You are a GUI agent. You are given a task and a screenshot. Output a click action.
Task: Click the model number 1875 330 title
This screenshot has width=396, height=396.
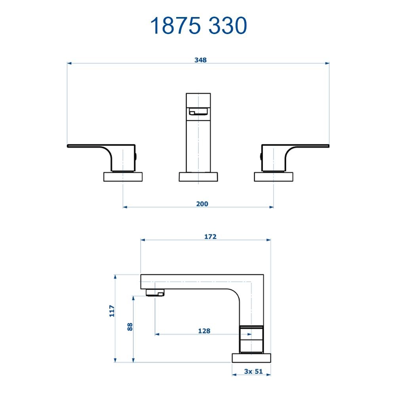coord(198,26)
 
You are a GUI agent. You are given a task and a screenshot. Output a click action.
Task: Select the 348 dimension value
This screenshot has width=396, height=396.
coord(200,60)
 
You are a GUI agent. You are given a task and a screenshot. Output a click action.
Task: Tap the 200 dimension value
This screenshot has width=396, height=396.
coord(202,204)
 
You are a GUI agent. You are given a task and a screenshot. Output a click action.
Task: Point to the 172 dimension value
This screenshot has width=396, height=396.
coord(210,236)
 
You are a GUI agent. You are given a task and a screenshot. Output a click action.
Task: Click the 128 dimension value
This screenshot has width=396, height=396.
coord(204,331)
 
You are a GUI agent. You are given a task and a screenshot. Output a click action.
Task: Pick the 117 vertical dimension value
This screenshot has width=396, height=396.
coord(112,311)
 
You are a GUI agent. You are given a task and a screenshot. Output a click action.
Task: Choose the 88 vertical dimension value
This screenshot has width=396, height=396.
coord(130,327)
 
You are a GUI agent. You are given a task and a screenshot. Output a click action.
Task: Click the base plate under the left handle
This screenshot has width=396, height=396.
coord(123,177)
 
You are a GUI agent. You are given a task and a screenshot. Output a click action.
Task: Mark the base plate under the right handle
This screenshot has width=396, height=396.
coord(273,177)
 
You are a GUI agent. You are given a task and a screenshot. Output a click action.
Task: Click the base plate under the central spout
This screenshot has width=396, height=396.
coord(198,177)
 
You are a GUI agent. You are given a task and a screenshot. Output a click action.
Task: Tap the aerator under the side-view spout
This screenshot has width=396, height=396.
coord(155,293)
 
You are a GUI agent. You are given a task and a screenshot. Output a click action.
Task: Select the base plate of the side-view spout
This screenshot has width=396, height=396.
coord(251,358)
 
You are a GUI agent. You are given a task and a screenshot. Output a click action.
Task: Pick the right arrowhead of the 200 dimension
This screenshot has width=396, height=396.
coord(271,207)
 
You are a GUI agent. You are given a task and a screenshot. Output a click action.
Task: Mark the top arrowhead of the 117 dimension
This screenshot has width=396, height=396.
coord(115,276)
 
